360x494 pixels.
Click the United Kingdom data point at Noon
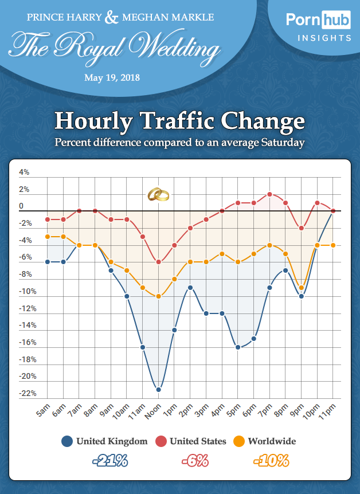click(x=159, y=390)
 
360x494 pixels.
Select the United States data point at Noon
click(x=159, y=262)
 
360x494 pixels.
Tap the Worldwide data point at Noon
click(x=159, y=296)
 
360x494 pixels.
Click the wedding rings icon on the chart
click(x=158, y=195)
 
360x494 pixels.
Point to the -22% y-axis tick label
click(x=28, y=394)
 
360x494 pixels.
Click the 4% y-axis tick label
click(x=24, y=172)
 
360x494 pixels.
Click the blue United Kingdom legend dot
click(x=67, y=441)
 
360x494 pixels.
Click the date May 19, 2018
click(x=112, y=77)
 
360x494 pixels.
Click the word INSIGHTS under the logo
click(x=324, y=38)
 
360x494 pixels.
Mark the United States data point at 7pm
click(x=269, y=194)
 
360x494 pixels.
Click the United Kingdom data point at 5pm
click(x=238, y=347)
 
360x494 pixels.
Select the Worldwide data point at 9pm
click(x=301, y=288)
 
